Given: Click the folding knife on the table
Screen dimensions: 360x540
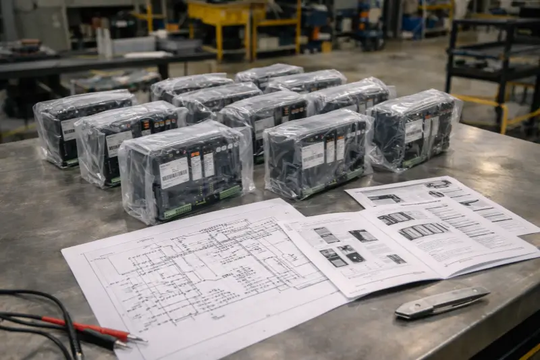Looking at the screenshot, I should tap(442, 302).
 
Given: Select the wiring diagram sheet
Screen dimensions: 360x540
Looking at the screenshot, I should tap(202, 277).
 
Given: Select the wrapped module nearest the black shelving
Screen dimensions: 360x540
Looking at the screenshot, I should tap(413, 128).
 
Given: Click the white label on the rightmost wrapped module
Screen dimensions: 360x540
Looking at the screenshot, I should tap(413, 130).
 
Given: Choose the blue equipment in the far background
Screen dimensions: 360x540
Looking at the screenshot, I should tap(412, 24).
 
